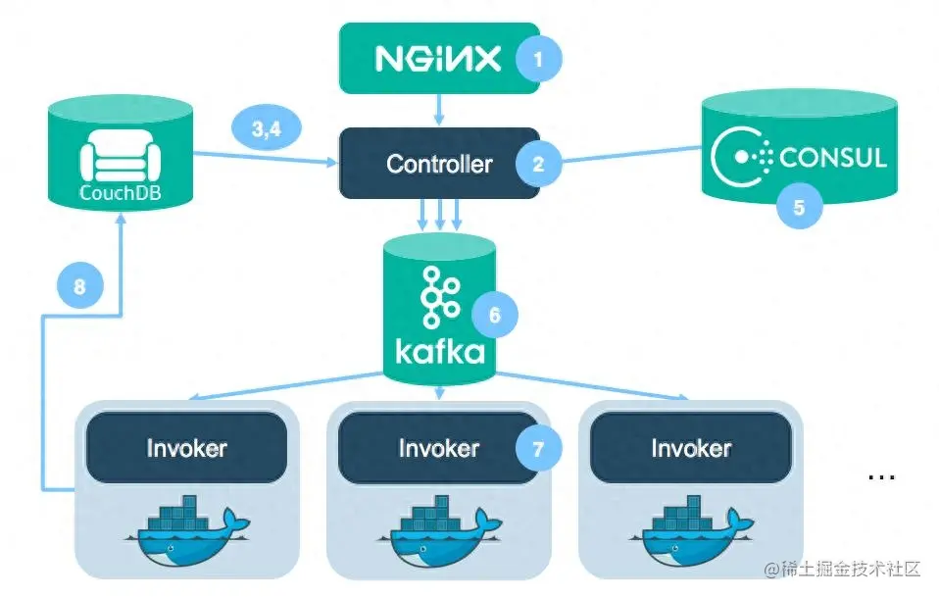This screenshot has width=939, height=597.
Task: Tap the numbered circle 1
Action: [x=537, y=59]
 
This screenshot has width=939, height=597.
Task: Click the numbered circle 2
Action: [x=537, y=164]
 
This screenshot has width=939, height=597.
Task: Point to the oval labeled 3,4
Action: [x=266, y=128]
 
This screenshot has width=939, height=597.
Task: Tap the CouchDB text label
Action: [x=121, y=192]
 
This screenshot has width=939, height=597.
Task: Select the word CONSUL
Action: [x=832, y=157]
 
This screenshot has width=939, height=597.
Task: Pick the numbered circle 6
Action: [x=494, y=316]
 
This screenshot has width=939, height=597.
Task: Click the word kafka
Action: [x=439, y=350]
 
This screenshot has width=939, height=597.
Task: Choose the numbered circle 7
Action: [x=538, y=450]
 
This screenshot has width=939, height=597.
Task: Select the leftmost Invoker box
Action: [x=186, y=449]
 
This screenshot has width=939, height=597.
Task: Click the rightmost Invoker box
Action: [x=691, y=449]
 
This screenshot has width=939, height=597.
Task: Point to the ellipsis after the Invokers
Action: [x=881, y=476]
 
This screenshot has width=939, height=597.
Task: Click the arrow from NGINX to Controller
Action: [x=440, y=108]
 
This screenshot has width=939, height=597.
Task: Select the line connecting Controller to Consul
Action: [x=622, y=156]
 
